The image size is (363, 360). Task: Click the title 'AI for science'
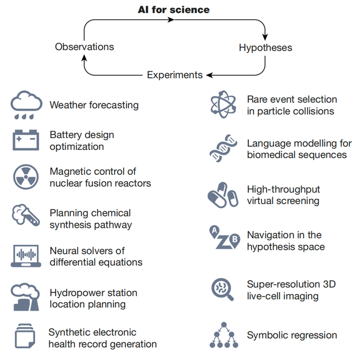coord(174,10)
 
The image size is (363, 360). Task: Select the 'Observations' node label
coord(85,47)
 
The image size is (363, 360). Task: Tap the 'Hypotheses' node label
coord(265,48)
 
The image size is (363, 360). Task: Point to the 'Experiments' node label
coord(174,75)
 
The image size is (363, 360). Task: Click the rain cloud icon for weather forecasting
coord(26,104)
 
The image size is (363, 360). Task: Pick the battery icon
coord(26,140)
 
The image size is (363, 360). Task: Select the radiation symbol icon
coord(26,177)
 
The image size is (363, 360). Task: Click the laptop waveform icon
coord(26,256)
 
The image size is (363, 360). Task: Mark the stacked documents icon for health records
coord(26,337)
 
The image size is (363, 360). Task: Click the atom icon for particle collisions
coord(222,104)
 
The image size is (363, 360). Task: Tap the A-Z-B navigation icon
coord(222,238)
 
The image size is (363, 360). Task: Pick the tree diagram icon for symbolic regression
coord(222,335)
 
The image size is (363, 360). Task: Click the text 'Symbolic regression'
coord(292,336)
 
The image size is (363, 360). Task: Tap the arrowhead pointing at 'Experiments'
coord(209,75)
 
